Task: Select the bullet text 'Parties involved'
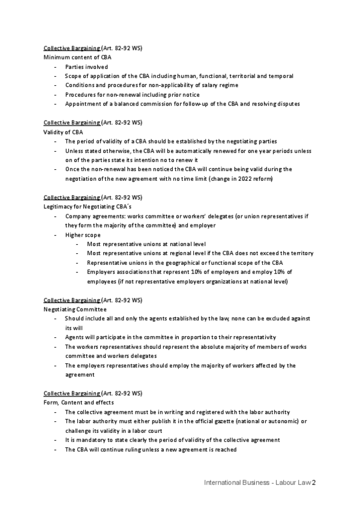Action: (87, 67)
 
